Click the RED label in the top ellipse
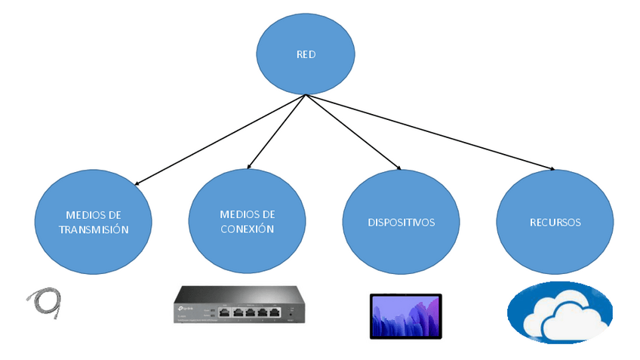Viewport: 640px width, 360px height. [306, 54]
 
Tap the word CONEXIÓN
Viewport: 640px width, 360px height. [247, 229]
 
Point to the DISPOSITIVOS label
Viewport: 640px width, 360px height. [401, 223]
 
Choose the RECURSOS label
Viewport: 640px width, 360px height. [555, 223]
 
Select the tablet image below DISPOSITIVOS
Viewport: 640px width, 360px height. [407, 316]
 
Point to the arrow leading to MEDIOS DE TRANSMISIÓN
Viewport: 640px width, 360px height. [219, 140]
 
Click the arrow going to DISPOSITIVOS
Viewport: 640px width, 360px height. [353, 131]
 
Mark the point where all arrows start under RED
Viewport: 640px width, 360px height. [305, 95]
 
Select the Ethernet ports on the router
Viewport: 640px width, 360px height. [249, 311]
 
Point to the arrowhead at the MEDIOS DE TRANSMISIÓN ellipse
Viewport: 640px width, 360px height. [138, 183]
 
